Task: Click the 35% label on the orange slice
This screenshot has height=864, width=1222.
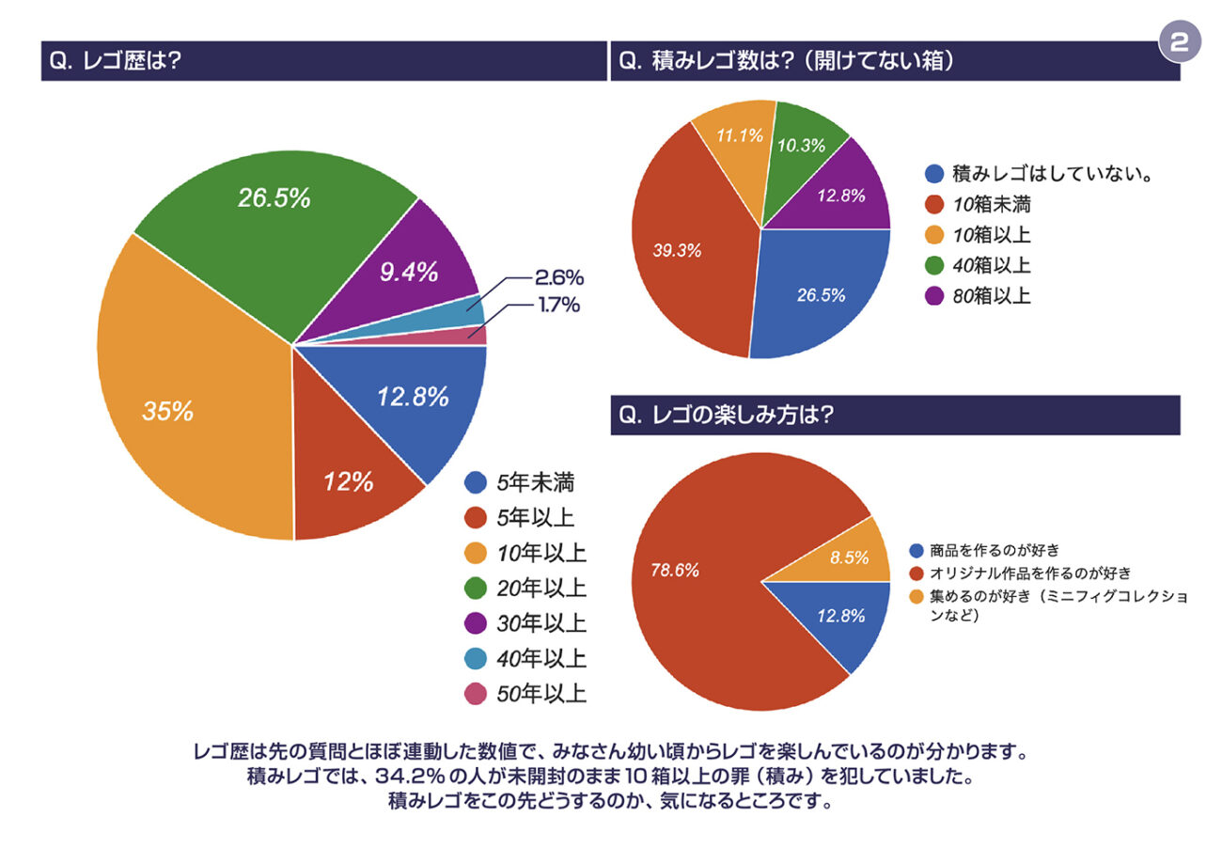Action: point(168,411)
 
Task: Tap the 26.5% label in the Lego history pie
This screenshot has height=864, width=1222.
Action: point(274,198)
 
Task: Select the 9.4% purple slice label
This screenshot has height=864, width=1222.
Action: point(409,273)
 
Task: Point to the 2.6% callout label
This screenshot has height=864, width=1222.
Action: point(559,277)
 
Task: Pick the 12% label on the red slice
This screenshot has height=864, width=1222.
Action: point(348,482)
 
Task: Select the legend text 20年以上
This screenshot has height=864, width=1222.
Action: point(541,589)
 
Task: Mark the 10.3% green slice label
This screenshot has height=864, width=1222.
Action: point(801,146)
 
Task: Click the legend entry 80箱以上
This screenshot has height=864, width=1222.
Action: point(992,296)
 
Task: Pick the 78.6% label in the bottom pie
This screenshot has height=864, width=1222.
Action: point(676,569)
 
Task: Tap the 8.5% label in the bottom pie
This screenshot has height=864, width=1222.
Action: point(849,557)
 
